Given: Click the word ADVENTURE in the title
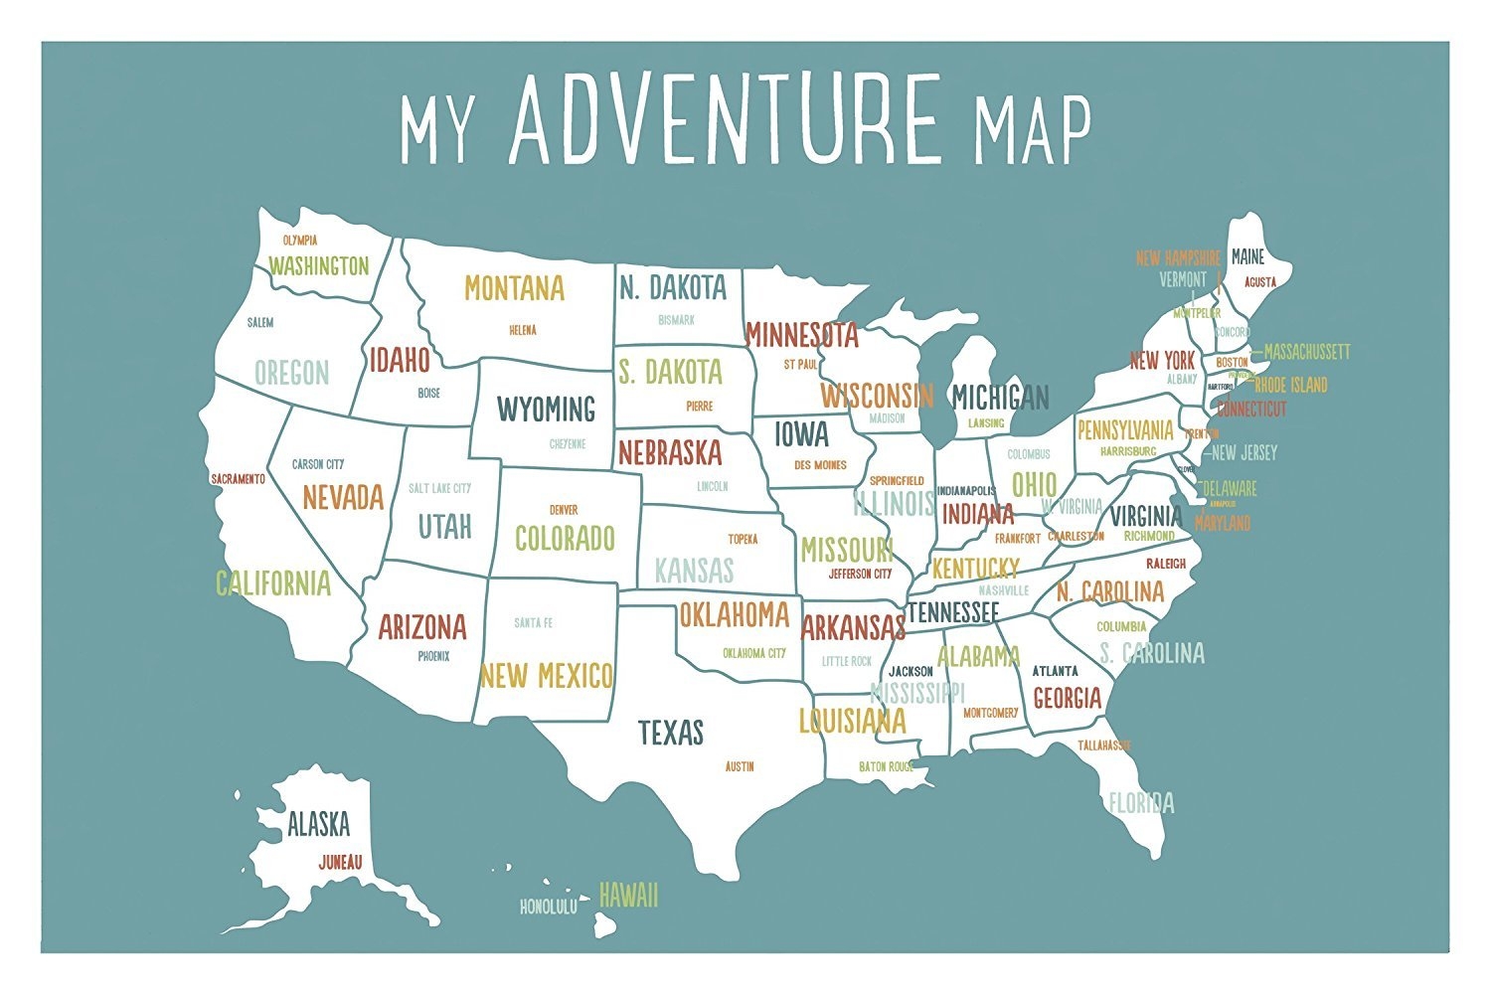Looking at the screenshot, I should point(725,119).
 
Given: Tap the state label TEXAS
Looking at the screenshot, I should point(671,734).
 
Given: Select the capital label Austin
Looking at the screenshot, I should point(740,766).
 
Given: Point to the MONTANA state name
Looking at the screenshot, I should point(514,289).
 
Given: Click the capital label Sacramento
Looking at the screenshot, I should point(239,479).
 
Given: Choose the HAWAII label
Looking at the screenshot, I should point(628,896).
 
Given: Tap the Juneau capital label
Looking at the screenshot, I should point(340,863).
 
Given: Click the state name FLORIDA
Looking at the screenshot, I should point(1141,802).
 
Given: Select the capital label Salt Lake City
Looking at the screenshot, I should point(439,488).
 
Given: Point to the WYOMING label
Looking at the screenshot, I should point(546,409).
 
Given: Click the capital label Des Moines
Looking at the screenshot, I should point(820,465).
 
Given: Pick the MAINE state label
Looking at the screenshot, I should point(1247,257).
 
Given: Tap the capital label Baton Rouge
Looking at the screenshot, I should point(886,767).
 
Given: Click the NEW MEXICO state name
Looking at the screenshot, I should point(546,677).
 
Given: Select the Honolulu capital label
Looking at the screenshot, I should point(548,908).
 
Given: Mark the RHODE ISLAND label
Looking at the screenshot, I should point(1290,385).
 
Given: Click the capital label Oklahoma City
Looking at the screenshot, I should point(753,653).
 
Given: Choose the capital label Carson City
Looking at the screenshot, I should point(318,464).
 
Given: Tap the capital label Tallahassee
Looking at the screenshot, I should point(1104,745).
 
